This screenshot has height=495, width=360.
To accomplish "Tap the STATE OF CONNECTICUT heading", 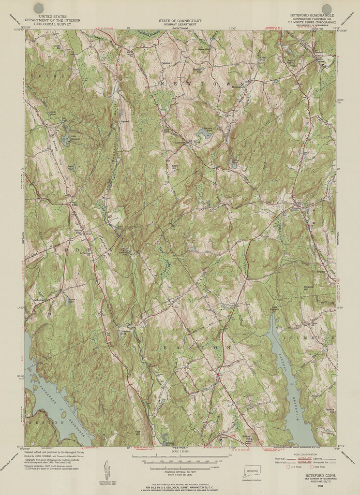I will (x=180, y=21).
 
